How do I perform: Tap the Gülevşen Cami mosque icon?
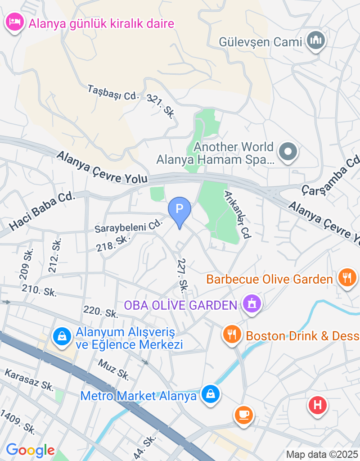315,41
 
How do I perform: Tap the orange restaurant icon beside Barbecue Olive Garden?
346,278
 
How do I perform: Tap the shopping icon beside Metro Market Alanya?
210,395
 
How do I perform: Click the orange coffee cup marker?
244,414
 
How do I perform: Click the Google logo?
30,450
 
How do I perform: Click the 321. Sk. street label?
161,104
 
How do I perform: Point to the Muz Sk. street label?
114,369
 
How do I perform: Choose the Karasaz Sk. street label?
29,380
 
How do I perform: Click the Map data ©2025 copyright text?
322,454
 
